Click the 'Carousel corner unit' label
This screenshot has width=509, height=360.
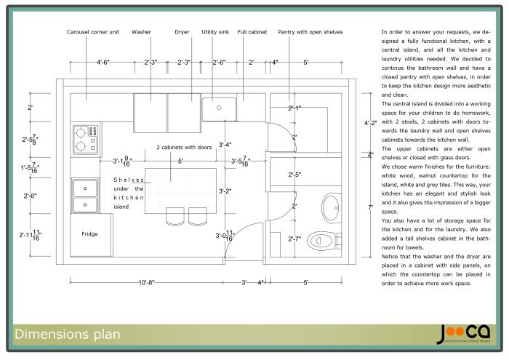(92, 33)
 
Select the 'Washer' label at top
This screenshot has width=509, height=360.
(141, 33)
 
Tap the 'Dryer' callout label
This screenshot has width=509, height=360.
(182, 33)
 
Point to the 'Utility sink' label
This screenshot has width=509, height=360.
(216, 33)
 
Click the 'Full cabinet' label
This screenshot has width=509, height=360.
(252, 33)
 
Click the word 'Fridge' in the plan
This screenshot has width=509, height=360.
(89, 234)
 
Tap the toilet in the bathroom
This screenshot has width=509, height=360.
(321, 239)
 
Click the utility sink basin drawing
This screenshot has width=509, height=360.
(218, 110)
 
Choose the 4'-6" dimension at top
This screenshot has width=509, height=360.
(103, 63)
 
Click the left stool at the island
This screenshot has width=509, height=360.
(175, 216)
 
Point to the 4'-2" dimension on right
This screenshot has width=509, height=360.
(370, 123)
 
